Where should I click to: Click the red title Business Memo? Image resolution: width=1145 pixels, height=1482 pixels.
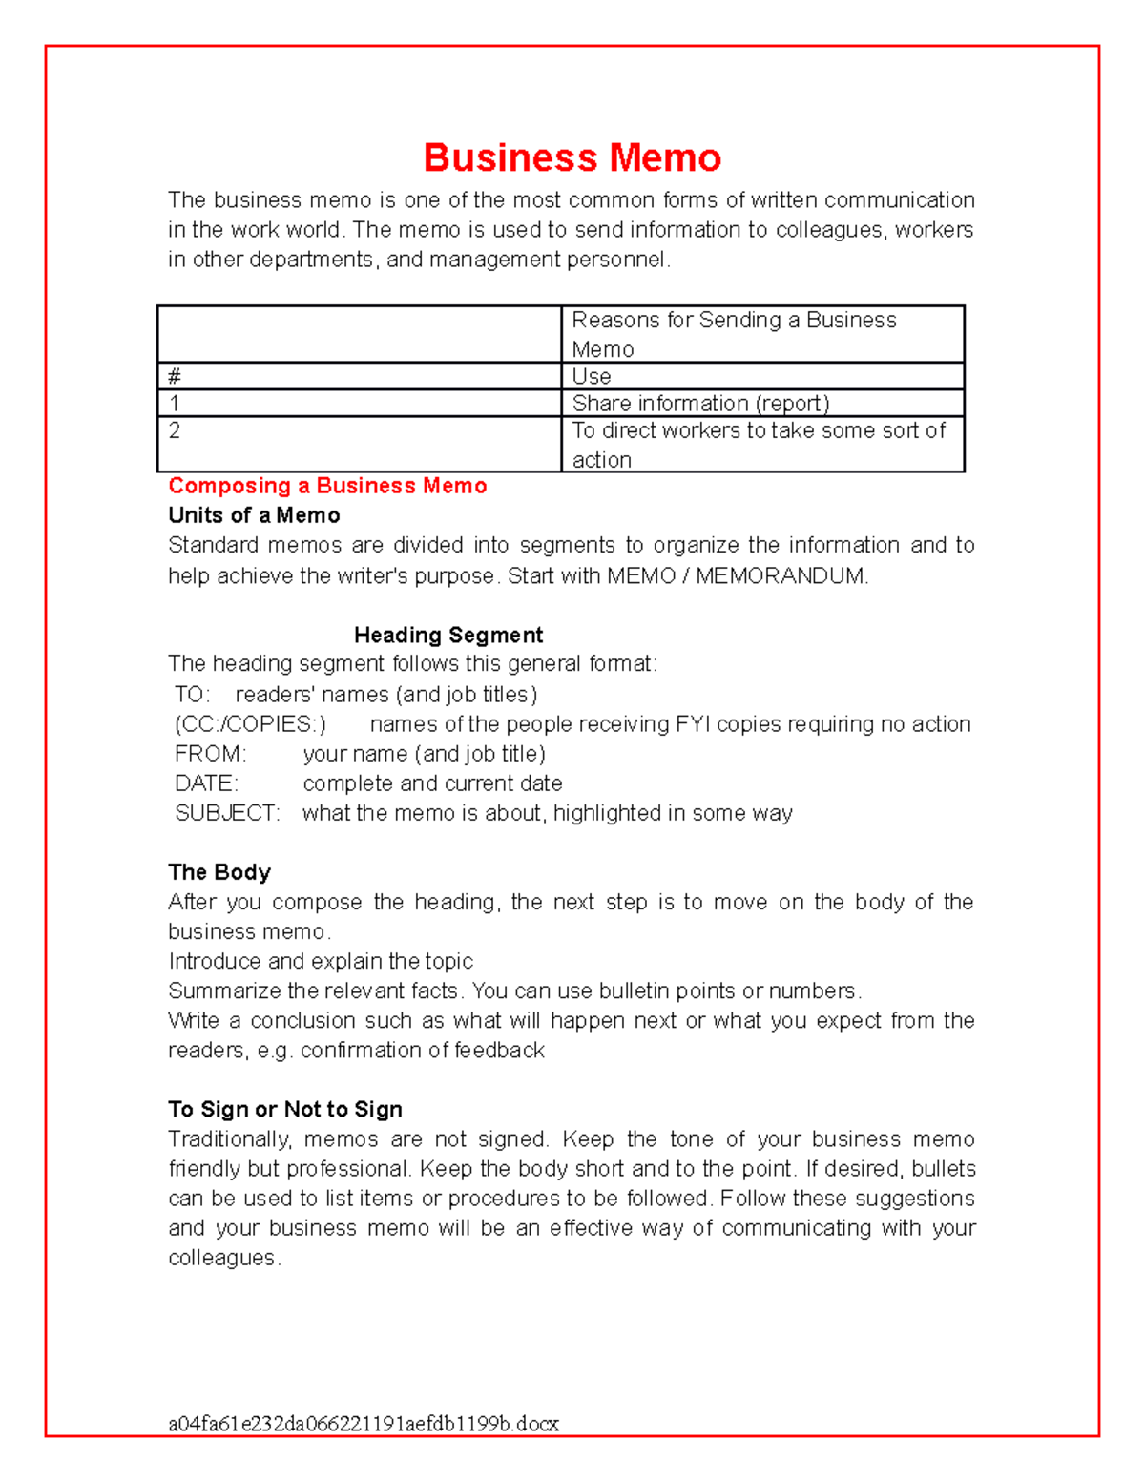pos(572,157)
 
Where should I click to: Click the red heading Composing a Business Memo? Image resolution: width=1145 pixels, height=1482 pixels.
pos(327,486)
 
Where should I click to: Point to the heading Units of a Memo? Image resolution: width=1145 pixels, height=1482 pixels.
pos(254,515)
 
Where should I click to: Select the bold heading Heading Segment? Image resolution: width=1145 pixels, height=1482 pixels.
pos(448,635)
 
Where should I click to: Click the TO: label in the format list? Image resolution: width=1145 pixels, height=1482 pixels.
pos(192,694)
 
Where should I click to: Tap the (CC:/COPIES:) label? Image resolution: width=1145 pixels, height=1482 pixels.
pos(250,723)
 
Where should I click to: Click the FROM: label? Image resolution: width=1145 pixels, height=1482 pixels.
pos(210,754)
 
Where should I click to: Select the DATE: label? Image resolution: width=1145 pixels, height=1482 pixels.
pos(206,783)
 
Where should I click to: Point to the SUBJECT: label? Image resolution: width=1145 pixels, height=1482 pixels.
pos(227,813)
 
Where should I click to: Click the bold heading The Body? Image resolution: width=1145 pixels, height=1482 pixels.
pos(219,872)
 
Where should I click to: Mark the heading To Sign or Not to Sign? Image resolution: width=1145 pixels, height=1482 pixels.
pos(285,1109)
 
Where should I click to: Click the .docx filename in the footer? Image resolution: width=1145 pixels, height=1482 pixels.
pos(364,1424)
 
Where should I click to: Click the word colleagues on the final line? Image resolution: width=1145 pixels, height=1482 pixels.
pos(222,1258)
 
